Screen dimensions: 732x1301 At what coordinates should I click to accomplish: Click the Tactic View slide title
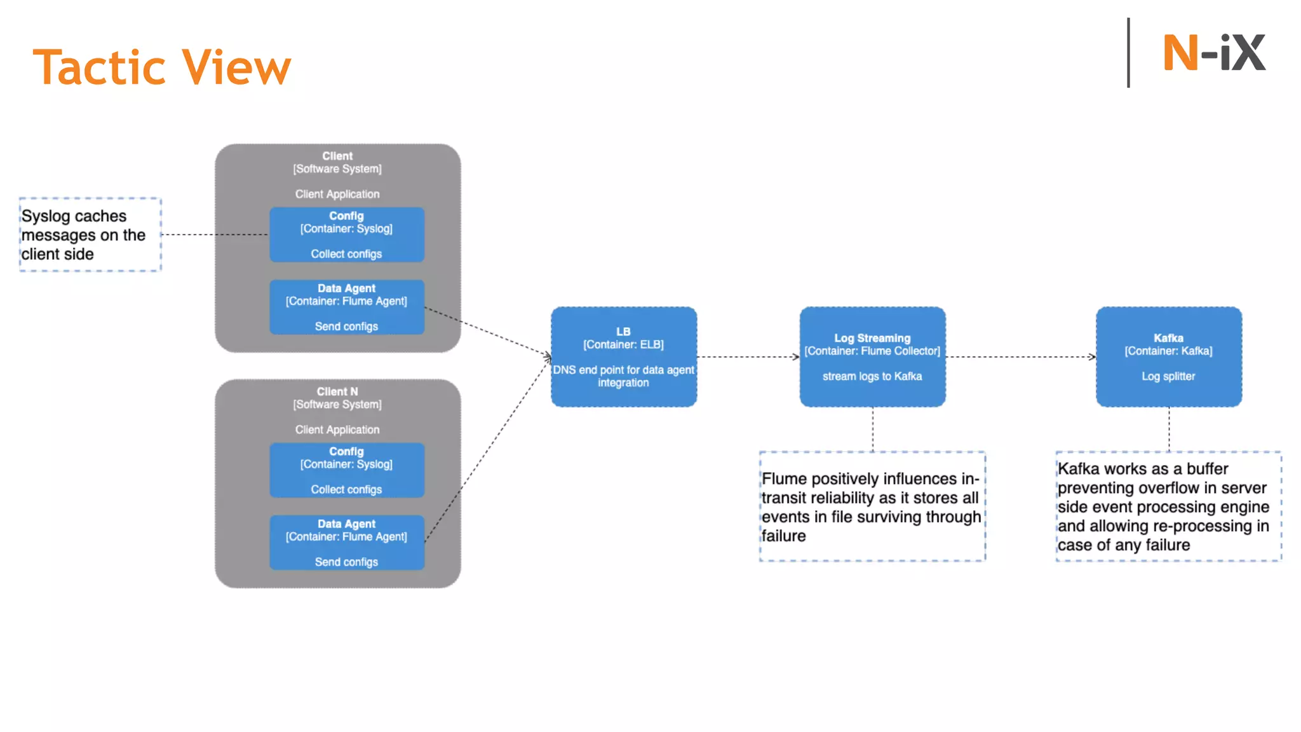[162, 67]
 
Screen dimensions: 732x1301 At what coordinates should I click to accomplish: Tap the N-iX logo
[1213, 53]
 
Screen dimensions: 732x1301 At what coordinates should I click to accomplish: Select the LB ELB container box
[623, 356]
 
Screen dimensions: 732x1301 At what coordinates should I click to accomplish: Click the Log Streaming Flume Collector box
[872, 356]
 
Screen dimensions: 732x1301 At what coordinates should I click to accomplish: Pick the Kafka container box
[1168, 356]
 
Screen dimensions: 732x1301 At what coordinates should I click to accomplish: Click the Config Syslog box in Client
[346, 234]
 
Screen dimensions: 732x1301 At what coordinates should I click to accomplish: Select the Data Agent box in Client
[346, 307]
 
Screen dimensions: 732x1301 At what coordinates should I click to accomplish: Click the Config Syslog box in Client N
[346, 470]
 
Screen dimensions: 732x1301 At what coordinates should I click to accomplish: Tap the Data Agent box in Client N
[346, 543]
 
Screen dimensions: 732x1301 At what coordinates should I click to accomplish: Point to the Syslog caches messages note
[90, 234]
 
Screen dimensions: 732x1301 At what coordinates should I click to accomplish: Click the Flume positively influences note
[872, 506]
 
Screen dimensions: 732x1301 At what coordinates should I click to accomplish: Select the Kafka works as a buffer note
[1168, 506]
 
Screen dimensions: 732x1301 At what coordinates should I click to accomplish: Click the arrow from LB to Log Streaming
[748, 356]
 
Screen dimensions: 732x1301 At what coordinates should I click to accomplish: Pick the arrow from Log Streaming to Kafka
[1020, 356]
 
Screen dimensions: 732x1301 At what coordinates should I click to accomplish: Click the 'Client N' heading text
[337, 391]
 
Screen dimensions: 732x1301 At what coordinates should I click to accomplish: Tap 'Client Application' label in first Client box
[337, 194]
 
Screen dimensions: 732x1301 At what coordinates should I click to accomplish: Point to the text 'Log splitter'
[1168, 376]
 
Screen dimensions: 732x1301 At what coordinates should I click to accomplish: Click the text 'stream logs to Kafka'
[872, 376]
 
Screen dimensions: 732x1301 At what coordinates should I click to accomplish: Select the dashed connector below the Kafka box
[1169, 429]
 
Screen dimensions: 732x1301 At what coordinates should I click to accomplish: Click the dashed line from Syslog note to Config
[214, 234]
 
